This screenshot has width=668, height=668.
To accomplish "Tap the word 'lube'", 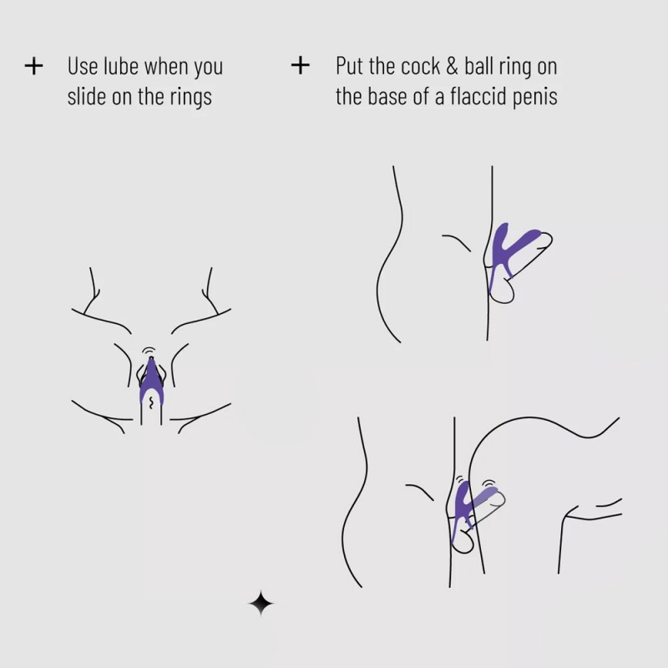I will point(124,66).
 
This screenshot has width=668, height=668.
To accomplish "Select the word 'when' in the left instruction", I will point(172,66).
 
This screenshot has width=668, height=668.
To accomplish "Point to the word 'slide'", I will point(87,96).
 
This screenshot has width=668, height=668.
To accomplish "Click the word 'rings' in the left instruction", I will point(190,96).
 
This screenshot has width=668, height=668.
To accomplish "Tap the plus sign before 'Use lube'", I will point(33,66).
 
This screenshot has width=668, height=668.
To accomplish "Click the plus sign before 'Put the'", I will point(300,65).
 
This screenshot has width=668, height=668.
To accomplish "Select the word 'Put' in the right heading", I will point(351,66).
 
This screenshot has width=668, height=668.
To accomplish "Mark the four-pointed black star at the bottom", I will point(261,603).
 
